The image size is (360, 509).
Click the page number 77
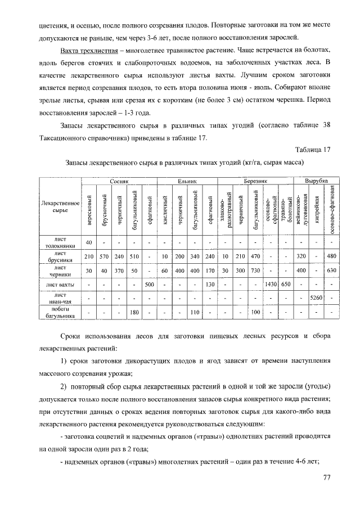click(327, 478)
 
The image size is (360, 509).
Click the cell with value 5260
click(317, 298)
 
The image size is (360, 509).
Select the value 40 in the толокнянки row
click(88, 242)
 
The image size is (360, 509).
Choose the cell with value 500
click(150, 284)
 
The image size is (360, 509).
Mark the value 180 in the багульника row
click(134, 312)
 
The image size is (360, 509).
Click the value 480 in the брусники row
click(332, 256)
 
